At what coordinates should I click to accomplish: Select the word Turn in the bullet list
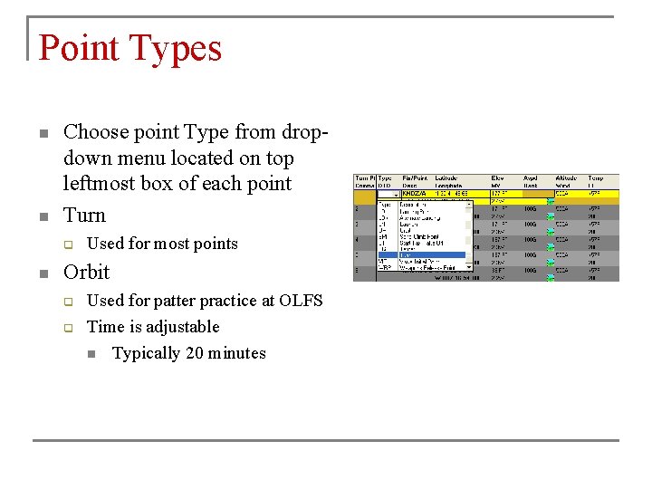click(x=84, y=216)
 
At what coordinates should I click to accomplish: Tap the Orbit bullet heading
click(x=86, y=272)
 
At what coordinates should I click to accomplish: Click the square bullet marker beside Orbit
click(x=43, y=273)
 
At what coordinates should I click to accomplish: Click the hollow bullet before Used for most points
click(x=67, y=244)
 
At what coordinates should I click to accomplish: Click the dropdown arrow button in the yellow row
click(x=396, y=194)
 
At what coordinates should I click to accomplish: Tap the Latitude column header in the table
click(x=446, y=179)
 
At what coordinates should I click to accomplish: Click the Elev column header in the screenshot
click(x=497, y=179)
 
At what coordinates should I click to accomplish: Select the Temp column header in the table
click(x=595, y=179)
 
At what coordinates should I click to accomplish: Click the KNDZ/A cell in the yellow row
click(x=417, y=194)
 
